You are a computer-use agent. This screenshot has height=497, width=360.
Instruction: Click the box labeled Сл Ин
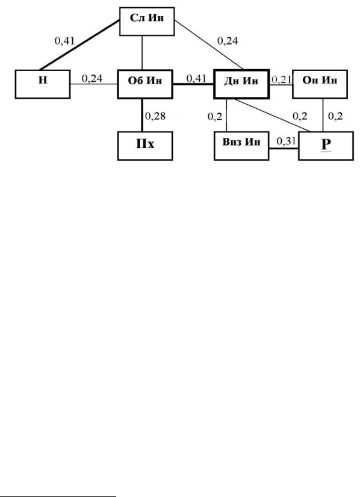(147, 21)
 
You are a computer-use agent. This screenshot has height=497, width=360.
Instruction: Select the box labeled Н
(43, 84)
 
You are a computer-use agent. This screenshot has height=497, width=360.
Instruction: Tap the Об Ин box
(145, 84)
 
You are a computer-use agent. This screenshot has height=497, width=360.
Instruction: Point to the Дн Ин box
(241, 84)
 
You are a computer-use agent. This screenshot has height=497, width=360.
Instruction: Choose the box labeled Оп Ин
(320, 84)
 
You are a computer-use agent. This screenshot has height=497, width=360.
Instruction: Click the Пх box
(145, 146)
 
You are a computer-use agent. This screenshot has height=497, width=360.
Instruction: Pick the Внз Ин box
(241, 146)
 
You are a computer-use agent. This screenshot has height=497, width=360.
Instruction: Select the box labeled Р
(326, 146)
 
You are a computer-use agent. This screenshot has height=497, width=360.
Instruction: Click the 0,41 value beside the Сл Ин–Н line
(64, 40)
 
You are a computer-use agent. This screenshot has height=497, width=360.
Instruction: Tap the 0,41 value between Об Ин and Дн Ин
(196, 78)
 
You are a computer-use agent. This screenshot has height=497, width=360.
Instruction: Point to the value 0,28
(155, 116)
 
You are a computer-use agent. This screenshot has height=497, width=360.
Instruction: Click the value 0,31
(287, 141)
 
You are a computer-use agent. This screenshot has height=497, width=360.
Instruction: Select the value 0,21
(281, 79)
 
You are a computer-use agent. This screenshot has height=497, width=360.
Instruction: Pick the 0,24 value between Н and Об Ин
(92, 78)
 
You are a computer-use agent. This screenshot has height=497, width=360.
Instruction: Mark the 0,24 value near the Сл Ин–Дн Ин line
(228, 40)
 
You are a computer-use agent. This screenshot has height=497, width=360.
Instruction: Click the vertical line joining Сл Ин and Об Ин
(142, 52)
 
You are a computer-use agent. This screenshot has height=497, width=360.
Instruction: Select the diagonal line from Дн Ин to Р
(272, 116)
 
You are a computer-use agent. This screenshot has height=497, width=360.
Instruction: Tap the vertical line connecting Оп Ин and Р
(323, 115)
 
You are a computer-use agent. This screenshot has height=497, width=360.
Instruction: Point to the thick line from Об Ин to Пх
(142, 115)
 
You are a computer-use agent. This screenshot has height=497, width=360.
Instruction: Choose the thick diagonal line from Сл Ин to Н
(79, 45)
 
